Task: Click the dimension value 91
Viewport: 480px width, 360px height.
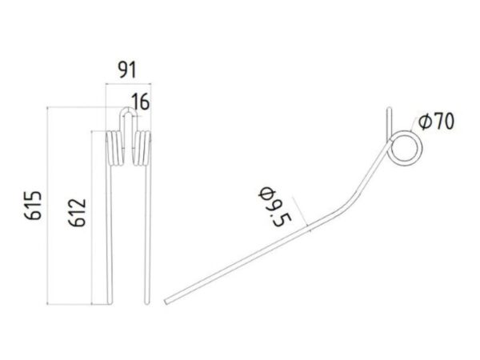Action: click(126, 70)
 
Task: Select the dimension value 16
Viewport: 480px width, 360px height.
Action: click(141, 102)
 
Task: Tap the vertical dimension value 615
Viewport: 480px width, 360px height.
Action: click(33, 205)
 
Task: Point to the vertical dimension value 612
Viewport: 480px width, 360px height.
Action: click(77, 213)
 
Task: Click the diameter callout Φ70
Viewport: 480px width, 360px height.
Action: click(436, 122)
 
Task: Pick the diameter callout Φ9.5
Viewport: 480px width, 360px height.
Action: click(274, 206)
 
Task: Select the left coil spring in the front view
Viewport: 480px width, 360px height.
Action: click(114, 148)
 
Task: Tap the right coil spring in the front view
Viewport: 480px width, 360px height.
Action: click(142, 148)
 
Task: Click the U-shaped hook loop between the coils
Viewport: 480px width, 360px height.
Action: click(128, 108)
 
